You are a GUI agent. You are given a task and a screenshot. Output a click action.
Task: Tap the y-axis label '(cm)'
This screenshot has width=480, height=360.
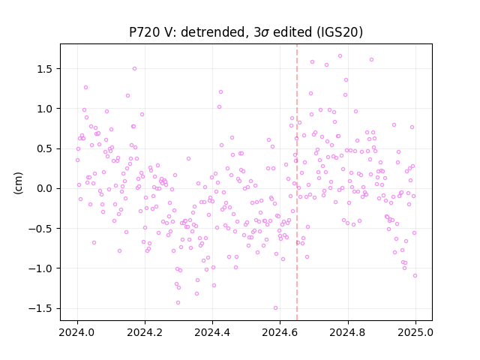tap(18, 183)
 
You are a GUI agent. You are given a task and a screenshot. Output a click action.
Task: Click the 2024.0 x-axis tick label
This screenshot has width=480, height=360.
tap(77, 332)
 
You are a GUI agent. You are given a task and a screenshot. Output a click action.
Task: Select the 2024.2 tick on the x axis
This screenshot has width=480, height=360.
tap(145, 332)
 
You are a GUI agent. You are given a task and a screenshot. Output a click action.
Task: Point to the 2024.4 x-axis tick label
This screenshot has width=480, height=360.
tap(212, 332)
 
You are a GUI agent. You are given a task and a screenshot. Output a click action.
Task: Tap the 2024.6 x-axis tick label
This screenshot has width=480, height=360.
tap(280, 332)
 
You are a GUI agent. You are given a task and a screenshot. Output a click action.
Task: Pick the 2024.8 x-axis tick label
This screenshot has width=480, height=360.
tap(348, 332)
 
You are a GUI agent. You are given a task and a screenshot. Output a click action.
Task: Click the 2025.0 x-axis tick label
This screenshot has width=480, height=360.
tap(415, 332)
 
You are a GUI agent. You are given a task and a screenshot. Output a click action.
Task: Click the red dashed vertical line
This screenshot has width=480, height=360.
tap(297, 182)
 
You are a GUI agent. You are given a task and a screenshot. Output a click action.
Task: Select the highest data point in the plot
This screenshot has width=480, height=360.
tap(340, 56)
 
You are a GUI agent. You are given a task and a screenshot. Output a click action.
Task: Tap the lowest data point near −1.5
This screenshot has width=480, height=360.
tap(275, 308)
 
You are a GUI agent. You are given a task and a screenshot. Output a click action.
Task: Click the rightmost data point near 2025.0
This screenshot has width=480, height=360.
tap(415, 276)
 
